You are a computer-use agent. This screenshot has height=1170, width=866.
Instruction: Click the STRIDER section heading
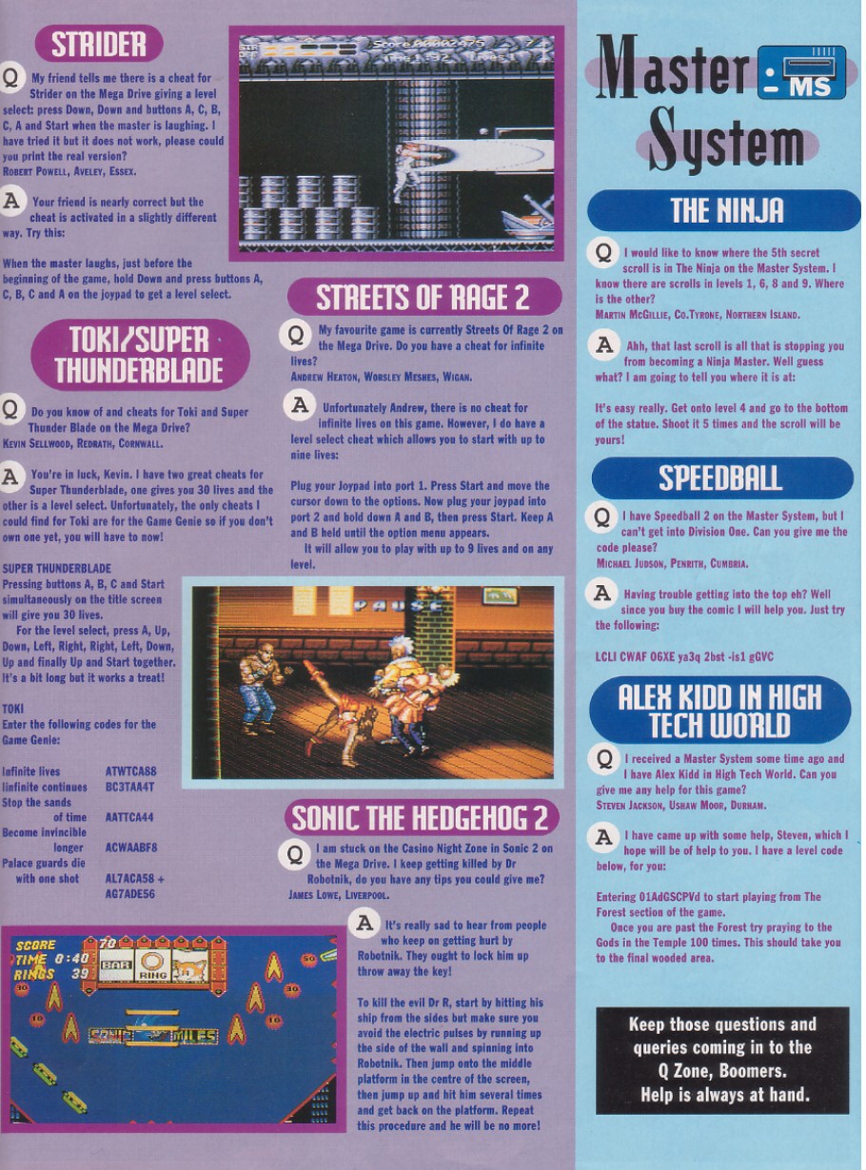[x=98, y=43]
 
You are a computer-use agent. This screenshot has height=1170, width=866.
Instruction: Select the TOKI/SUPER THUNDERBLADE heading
[x=139, y=354]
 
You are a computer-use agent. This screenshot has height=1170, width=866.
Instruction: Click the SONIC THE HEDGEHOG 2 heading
[x=423, y=817]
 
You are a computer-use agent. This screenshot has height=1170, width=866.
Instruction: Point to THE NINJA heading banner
[x=725, y=209]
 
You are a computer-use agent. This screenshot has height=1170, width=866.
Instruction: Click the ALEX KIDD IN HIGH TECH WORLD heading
[x=719, y=711]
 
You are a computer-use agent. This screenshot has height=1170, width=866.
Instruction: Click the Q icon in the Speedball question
[x=602, y=517]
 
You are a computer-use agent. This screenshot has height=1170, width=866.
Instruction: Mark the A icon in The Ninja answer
[x=602, y=345]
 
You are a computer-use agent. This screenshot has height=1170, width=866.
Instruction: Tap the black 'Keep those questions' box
[x=722, y=1060]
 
